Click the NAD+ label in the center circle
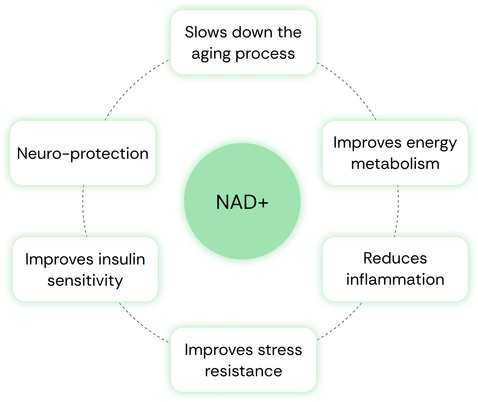tap(242, 202)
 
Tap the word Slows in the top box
tap(206, 32)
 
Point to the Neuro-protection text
tap(83, 154)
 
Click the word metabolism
tap(395, 164)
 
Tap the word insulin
tap(122, 259)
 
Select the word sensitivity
tap(85, 281)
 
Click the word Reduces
tap(395, 258)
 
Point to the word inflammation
tap(395, 280)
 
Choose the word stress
tap(280, 350)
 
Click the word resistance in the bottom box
tap(243, 371)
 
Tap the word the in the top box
tap(289, 32)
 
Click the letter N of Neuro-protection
tap(22, 154)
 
